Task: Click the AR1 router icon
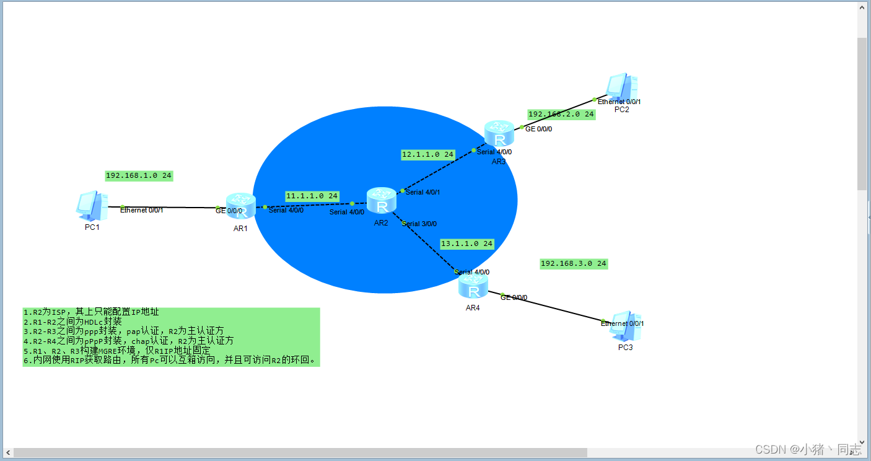coord(240,205)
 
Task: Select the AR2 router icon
coord(381,200)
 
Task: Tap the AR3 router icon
coord(499,134)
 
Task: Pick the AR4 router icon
coord(473,288)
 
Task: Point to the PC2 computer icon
coord(622,88)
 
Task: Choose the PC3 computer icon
coord(625,326)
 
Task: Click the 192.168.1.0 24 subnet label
coord(139,176)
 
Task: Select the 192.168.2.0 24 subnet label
coord(561,115)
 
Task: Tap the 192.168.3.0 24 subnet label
coord(573,264)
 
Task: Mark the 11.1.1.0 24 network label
coord(312,196)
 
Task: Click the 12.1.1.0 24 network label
coord(427,154)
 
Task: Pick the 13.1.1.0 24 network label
coord(466,244)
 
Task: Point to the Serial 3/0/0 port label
coord(424,224)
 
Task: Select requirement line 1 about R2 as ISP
coord(91,312)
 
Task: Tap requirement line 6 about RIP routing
coord(170,360)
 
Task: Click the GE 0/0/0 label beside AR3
coord(538,130)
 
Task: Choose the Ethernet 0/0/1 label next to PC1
coord(142,211)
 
